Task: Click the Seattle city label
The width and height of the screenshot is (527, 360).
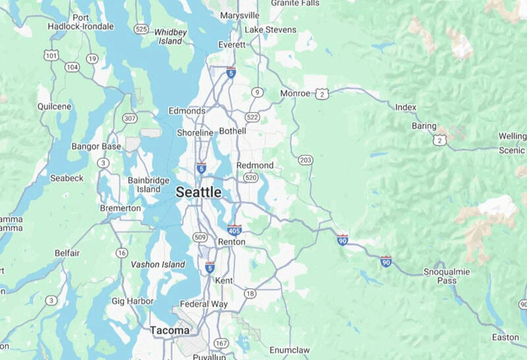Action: click(x=198, y=192)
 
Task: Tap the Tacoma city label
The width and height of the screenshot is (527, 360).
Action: click(x=169, y=330)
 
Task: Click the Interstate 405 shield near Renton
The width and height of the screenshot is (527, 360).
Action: click(x=234, y=229)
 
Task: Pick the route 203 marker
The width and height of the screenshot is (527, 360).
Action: click(x=306, y=160)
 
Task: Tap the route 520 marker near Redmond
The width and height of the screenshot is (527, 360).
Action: click(x=250, y=178)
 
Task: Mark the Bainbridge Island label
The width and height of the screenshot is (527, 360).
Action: click(x=149, y=185)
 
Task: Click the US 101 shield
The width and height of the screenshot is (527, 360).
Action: click(x=52, y=55)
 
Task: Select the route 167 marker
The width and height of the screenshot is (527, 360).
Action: click(x=221, y=343)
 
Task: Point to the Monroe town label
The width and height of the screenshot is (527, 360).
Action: click(x=294, y=94)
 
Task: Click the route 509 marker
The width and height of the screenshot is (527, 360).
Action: click(x=200, y=237)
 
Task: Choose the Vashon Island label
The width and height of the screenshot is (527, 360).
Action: click(x=158, y=264)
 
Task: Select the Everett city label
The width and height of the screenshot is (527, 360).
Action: click(x=231, y=45)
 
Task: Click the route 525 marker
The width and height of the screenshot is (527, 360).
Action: click(x=140, y=29)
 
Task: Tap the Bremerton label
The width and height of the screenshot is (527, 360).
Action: click(x=120, y=208)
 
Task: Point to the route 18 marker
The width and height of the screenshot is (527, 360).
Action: click(x=250, y=293)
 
